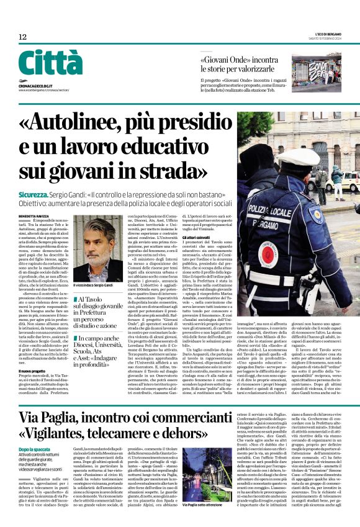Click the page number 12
pos(23,38)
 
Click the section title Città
pos(50,64)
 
